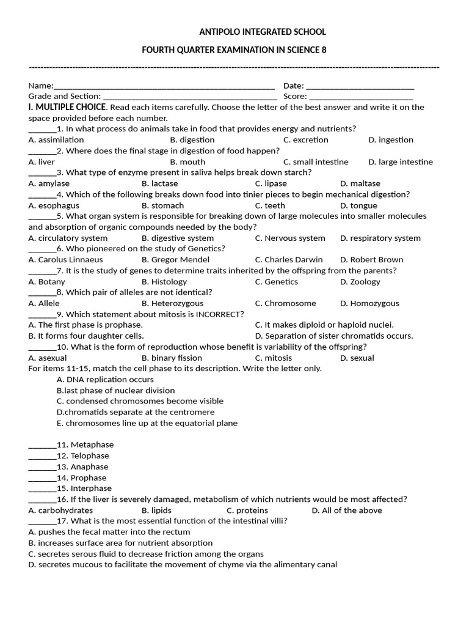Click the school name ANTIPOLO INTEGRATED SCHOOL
tap(263, 32)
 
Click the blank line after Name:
tap(164, 87)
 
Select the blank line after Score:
tap(361, 97)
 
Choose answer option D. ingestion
tap(391, 140)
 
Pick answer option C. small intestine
tap(316, 162)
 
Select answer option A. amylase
tap(49, 183)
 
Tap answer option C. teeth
tap(270, 205)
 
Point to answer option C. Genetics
tap(277, 282)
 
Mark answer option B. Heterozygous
tap(173, 303)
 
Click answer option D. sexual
tap(357, 358)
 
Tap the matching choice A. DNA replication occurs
tap(105, 380)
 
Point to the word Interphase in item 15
tap(91, 488)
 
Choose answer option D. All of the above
tap(347, 510)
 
